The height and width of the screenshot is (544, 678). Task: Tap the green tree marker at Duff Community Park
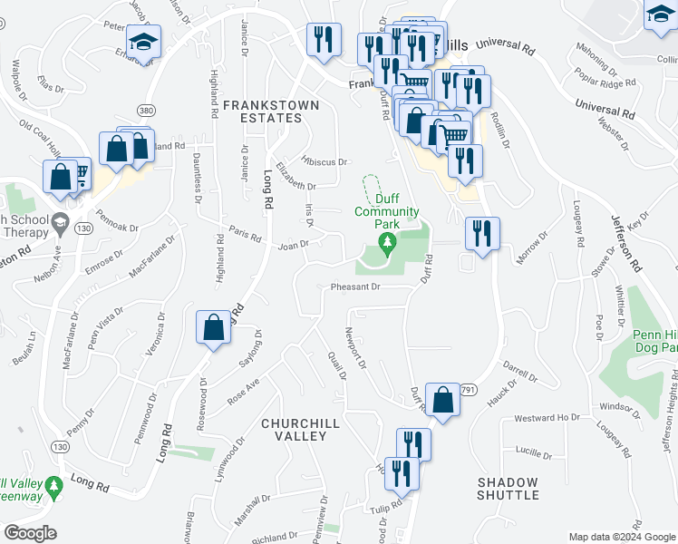coord(388,243)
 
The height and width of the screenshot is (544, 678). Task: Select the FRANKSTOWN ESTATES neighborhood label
coord(271,112)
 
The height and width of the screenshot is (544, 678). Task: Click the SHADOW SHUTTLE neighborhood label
coord(508,489)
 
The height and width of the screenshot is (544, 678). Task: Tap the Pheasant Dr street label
coord(353,287)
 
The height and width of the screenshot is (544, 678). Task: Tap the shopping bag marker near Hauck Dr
coord(442,400)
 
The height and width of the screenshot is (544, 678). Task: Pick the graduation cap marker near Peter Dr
coord(142,44)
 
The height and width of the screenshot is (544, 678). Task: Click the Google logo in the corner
coord(31,533)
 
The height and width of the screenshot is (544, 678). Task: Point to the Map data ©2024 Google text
coord(619,537)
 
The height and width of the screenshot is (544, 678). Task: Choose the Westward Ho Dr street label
coord(547,418)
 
